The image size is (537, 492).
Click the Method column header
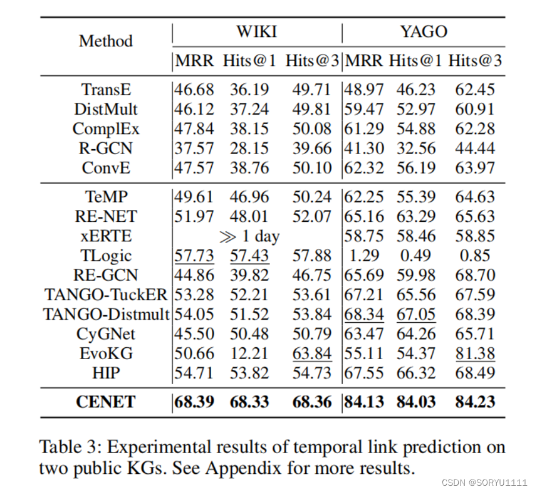[105, 41]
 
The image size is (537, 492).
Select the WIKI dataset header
[257, 32]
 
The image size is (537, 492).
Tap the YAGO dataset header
[424, 32]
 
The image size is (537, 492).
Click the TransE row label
[105, 90]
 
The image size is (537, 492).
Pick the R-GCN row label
[105, 149]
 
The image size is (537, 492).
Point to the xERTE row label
[105, 236]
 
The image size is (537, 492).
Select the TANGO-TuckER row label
[106, 295]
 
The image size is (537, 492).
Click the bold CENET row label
[105, 402]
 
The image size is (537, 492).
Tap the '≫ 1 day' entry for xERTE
[249, 236]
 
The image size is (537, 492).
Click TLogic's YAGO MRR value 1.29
[364, 256]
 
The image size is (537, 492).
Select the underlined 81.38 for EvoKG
[474, 353]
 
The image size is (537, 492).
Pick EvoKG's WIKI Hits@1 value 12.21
[249, 353]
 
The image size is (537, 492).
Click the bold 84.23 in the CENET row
[474, 402]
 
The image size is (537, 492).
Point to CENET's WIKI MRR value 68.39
[194, 402]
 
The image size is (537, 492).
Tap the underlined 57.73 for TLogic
[194, 256]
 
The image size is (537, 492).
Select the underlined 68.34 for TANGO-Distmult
[364, 314]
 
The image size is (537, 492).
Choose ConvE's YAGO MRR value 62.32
[364, 168]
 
